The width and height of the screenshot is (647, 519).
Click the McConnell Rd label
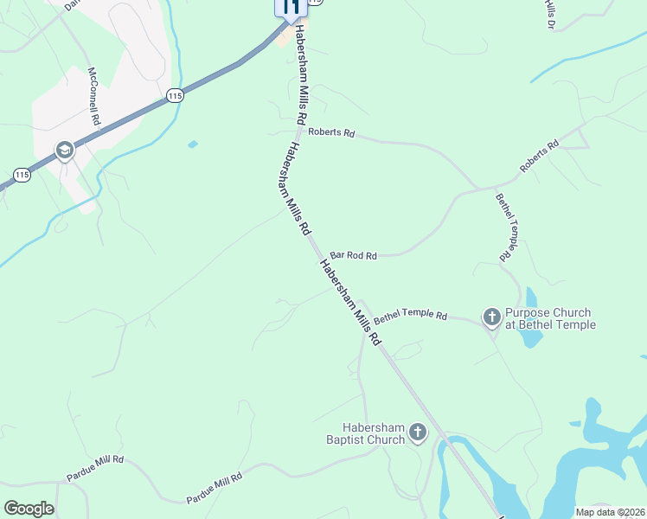(x=93, y=97)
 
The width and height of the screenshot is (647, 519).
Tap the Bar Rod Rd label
(x=354, y=256)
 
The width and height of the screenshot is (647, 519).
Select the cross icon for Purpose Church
(x=491, y=318)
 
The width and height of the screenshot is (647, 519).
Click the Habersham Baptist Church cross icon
(x=417, y=432)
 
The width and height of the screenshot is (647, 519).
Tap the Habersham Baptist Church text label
(x=374, y=432)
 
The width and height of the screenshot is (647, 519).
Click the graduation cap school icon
(x=64, y=151)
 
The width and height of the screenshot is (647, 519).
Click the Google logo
(x=29, y=509)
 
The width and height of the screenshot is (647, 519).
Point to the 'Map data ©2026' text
(x=610, y=511)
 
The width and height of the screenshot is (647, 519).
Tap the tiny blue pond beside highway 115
(x=192, y=144)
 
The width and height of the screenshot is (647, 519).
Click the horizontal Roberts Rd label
(x=332, y=134)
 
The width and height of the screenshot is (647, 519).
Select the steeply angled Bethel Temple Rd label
(x=507, y=227)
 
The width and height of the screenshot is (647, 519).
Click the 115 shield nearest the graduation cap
(x=22, y=176)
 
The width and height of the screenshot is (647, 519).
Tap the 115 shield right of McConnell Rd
(x=175, y=96)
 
